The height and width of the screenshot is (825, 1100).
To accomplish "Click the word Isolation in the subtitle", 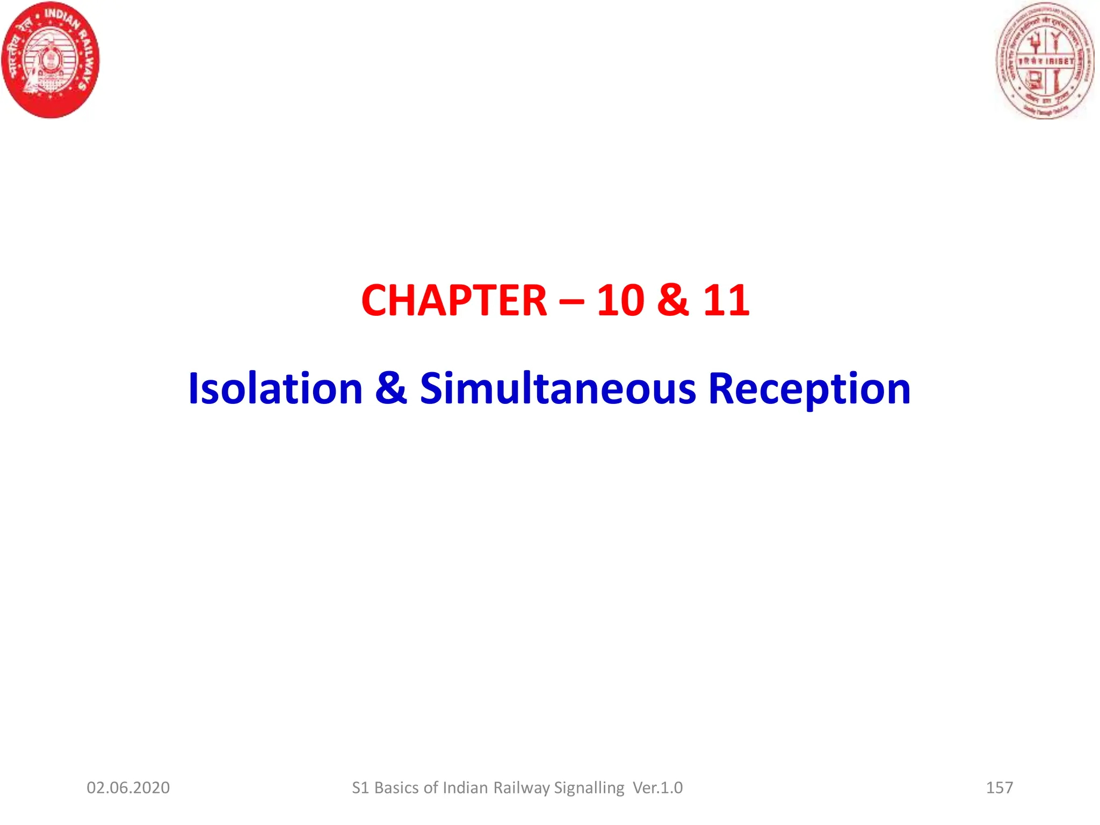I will (x=276, y=388).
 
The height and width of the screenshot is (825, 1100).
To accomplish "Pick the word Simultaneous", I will (x=558, y=388).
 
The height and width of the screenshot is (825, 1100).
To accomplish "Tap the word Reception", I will (x=809, y=389).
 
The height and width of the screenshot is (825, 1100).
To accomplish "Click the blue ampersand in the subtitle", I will (x=391, y=388).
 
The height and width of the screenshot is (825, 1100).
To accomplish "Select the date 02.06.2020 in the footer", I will (x=128, y=788).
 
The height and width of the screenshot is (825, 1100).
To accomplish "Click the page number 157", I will (x=1000, y=788).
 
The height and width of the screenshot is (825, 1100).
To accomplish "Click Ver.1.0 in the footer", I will (x=658, y=788).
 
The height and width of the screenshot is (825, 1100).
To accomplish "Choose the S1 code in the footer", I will (x=360, y=788).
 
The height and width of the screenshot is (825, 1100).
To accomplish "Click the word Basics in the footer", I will (x=397, y=788).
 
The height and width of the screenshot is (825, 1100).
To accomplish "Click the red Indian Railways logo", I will (x=51, y=60).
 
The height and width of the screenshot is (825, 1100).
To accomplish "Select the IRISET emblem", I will (x=1045, y=61).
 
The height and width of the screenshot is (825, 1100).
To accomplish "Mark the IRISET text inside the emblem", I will (x=1060, y=61).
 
